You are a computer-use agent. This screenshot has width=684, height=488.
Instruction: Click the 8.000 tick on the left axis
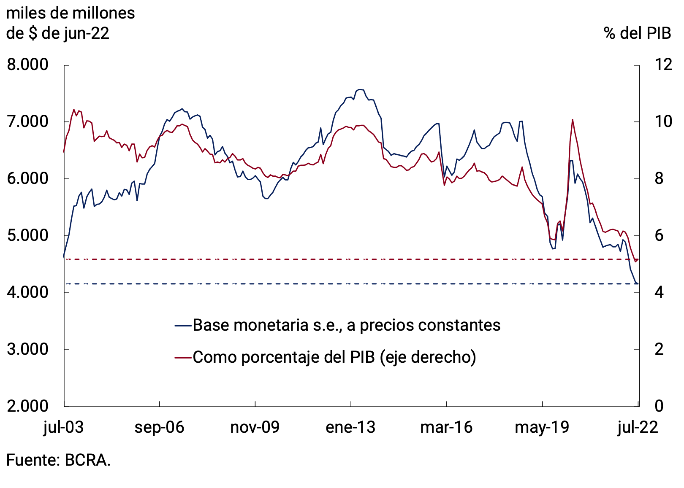(x=27, y=65)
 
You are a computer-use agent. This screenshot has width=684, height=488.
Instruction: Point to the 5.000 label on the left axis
(x=27, y=235)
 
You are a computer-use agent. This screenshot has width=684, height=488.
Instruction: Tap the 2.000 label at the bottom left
(x=27, y=406)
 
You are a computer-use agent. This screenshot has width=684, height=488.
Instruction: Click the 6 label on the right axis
(x=659, y=235)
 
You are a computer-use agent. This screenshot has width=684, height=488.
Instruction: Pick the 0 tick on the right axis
(x=659, y=406)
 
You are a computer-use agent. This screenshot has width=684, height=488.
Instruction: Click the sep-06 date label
(x=159, y=428)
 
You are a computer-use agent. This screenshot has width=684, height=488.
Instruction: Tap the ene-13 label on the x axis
(x=350, y=428)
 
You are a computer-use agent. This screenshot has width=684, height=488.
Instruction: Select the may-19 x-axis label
(x=542, y=428)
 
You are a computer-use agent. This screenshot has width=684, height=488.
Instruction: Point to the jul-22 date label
(x=637, y=428)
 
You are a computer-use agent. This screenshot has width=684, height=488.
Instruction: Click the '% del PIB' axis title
(x=637, y=33)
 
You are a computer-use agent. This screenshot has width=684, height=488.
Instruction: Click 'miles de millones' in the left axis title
(x=71, y=13)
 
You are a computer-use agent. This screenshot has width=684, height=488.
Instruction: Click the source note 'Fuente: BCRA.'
(x=58, y=460)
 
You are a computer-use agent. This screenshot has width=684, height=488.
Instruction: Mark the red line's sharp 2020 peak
(x=572, y=120)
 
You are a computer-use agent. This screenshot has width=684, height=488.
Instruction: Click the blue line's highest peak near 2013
(x=361, y=89)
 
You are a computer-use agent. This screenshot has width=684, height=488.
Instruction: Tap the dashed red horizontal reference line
(x=338, y=259)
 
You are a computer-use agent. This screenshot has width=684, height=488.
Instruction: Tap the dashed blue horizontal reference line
(x=338, y=284)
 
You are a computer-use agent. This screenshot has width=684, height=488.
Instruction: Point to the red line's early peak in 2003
(x=74, y=110)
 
